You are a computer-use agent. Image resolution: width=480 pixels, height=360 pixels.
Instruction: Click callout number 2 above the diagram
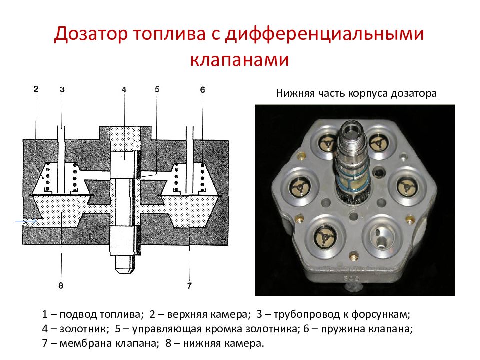[36, 90]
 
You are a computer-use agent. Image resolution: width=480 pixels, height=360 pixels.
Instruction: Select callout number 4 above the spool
[124, 90]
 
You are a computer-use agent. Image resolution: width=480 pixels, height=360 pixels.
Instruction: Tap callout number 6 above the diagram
[202, 90]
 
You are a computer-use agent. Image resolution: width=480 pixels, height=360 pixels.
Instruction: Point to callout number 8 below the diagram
[61, 286]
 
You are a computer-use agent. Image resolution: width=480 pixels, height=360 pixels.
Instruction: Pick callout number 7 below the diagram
[189, 286]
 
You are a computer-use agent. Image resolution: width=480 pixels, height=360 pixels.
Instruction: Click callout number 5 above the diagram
[157, 90]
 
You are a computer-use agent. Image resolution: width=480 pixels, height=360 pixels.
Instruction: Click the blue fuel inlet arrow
[25, 220]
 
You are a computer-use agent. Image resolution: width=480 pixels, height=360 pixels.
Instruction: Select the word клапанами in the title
[239, 59]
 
